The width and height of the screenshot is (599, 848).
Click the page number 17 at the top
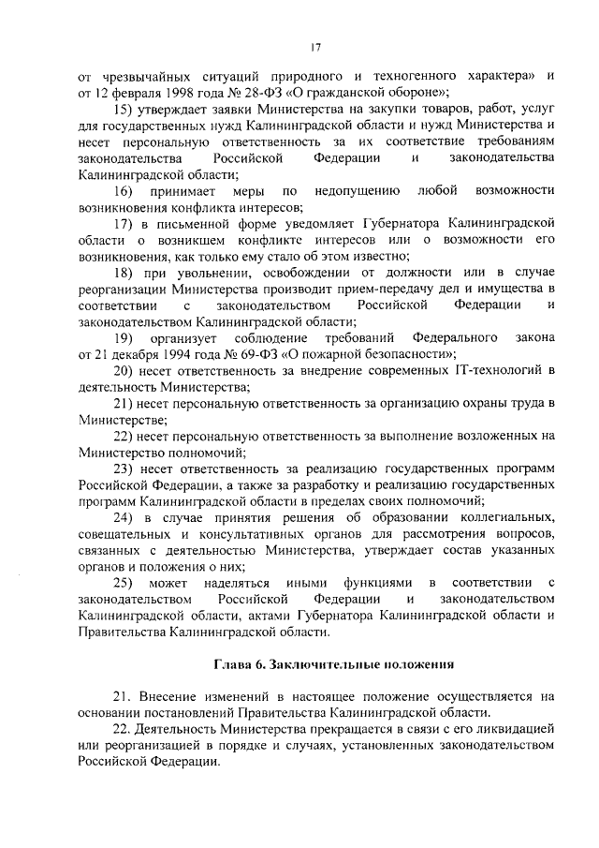point(315,48)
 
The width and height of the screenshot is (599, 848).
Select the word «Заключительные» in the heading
point(314,665)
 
